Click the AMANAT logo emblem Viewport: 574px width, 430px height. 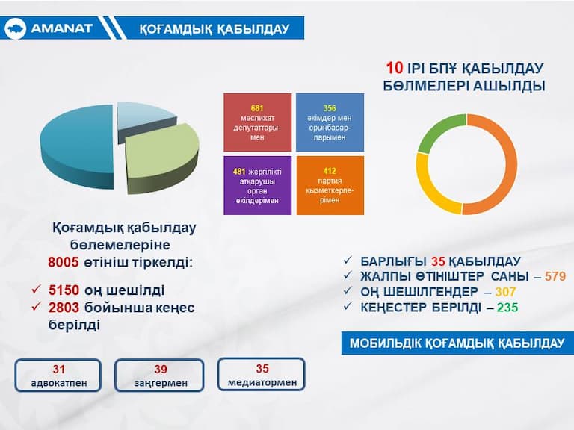click(x=15, y=28)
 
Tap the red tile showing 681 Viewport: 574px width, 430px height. click(x=257, y=122)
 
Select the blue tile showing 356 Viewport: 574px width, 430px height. click(x=330, y=122)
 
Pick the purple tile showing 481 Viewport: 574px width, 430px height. click(x=257, y=185)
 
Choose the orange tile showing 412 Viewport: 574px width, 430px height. click(x=330, y=185)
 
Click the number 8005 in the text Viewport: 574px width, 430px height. click(x=64, y=262)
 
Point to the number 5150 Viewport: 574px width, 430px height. click(x=64, y=290)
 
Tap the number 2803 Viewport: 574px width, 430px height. click(x=64, y=308)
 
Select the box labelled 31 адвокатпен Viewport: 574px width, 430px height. click(x=58, y=376)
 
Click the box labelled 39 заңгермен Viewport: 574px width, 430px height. click(x=159, y=376)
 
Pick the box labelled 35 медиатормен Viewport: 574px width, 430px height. click(x=262, y=375)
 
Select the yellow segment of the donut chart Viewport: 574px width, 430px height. click(x=428, y=187)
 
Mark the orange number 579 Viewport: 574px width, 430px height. click(x=555, y=276)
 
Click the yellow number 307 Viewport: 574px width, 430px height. click(x=505, y=292)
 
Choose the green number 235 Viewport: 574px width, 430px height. click(x=507, y=308)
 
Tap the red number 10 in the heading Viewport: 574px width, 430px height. click(x=395, y=68)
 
